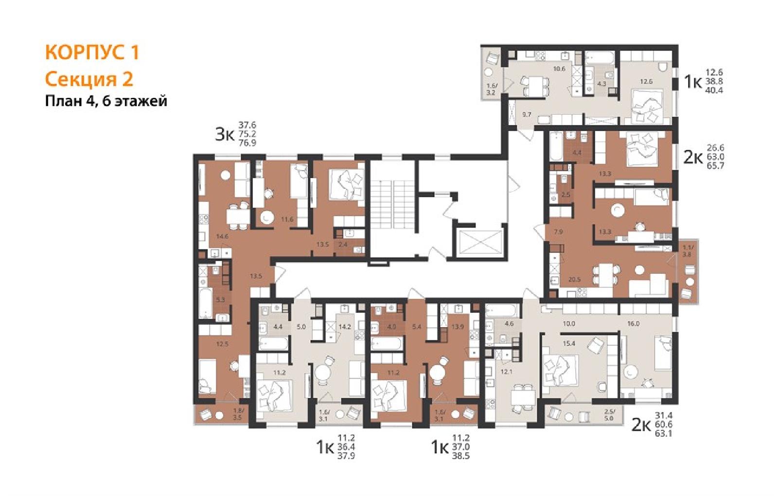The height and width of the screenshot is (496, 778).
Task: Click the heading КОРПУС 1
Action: (x=92, y=53)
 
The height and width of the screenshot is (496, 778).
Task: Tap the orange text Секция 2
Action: (x=89, y=79)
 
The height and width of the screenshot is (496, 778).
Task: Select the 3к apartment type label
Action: (x=225, y=134)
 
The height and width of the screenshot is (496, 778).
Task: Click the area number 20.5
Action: (x=574, y=279)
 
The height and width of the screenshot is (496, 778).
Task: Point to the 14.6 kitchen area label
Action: (x=222, y=236)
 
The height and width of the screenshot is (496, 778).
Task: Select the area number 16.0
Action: (x=634, y=324)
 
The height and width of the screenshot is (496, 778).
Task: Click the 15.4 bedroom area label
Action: (x=569, y=343)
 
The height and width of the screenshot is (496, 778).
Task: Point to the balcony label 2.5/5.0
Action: (x=608, y=415)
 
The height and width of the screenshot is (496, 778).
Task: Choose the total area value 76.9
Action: (x=248, y=143)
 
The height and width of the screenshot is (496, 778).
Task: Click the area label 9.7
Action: (x=527, y=114)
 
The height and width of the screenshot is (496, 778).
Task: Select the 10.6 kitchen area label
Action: (x=560, y=69)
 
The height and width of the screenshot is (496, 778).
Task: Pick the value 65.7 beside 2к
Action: (x=715, y=166)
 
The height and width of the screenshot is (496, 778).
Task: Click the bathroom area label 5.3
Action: (x=220, y=300)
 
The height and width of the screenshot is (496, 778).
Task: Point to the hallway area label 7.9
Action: (x=558, y=231)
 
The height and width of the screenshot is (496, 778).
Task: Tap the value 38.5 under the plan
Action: (x=461, y=456)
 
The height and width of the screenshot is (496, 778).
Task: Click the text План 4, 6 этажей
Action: (x=106, y=102)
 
